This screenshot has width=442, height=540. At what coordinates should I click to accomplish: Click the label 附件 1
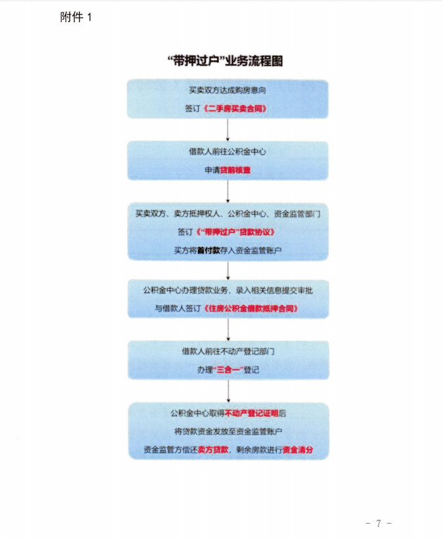76,17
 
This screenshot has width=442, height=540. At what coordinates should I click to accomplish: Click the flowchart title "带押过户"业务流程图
225,61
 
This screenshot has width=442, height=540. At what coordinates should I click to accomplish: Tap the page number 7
378,524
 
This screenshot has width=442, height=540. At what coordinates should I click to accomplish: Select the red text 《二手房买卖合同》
235,109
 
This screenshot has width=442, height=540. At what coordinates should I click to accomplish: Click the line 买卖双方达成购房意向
228,90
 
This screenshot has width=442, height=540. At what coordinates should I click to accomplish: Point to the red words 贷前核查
235,170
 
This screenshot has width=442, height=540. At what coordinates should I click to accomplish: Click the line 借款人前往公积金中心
228,151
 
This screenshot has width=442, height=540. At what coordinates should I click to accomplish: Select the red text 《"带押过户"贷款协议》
235,232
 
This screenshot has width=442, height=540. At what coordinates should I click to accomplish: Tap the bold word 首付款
209,250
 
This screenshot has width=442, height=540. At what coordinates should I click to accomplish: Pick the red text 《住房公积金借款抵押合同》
251,308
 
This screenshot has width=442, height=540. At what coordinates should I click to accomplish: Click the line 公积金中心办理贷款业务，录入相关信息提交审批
228,290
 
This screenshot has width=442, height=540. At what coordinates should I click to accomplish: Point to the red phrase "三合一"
228,370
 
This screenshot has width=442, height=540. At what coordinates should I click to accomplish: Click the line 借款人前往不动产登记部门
228,351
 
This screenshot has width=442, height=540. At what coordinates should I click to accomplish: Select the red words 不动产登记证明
251,413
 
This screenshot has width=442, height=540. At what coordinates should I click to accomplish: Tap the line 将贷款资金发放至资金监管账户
228,431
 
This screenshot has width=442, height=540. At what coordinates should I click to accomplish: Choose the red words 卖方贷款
213,450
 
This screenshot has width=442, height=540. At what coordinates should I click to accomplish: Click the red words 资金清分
298,450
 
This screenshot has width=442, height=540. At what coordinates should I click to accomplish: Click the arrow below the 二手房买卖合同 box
228,130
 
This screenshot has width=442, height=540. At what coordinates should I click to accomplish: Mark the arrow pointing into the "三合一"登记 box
228,330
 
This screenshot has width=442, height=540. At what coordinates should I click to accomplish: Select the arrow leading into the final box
228,391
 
